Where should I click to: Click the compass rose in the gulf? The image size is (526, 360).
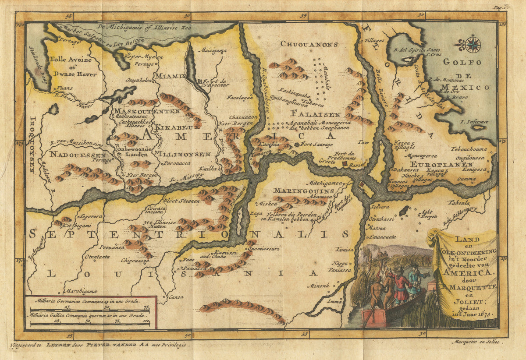pyautogui.click(x=473, y=44)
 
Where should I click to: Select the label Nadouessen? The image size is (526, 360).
pyautogui.click(x=77, y=155)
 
